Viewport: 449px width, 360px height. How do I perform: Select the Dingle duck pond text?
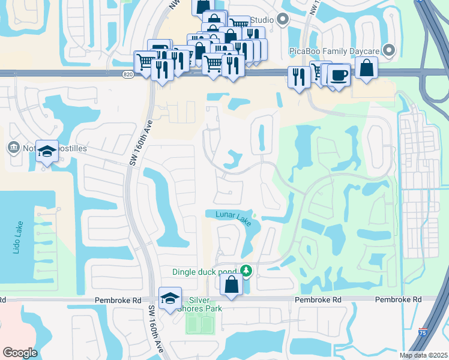[205, 271]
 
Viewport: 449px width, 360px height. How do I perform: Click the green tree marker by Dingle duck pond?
[246, 271]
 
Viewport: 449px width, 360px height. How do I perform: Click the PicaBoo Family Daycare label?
[335, 51]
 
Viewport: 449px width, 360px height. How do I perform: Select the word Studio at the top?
[265, 20]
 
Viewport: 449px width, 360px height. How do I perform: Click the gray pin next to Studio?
[284, 20]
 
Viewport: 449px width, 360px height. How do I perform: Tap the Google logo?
[20, 353]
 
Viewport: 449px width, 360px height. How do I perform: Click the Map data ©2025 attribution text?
[423, 355]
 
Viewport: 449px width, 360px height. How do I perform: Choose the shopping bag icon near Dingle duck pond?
[231, 284]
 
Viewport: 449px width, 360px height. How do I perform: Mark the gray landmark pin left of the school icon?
[13, 147]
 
